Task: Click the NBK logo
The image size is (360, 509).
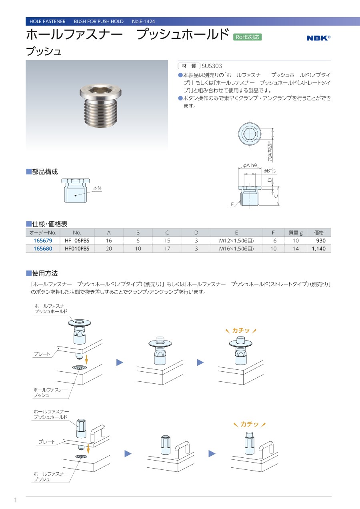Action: point(318,38)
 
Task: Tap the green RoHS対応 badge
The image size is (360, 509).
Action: point(247,37)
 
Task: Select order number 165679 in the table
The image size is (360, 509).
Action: point(43,240)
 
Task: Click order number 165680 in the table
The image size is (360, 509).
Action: point(43,248)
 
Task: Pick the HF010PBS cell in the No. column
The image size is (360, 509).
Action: point(77,248)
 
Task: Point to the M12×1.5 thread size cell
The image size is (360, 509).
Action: point(236,240)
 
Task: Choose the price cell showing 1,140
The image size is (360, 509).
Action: point(319,248)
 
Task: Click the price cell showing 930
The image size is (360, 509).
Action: point(321,240)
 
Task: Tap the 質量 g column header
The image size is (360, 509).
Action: point(296,232)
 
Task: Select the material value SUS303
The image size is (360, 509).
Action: point(212,66)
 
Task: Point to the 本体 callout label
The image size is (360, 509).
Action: point(97,188)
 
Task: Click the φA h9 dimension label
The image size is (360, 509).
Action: point(250,165)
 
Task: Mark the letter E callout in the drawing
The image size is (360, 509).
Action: point(232,204)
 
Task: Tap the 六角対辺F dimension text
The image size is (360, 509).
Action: point(270,151)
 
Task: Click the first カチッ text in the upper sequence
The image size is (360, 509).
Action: point(241,331)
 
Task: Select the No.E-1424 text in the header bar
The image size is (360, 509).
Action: point(144,21)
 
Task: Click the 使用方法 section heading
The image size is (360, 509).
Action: point(45,273)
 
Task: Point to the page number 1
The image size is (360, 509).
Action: point(16,500)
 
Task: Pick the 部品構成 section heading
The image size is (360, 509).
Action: point(45,172)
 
